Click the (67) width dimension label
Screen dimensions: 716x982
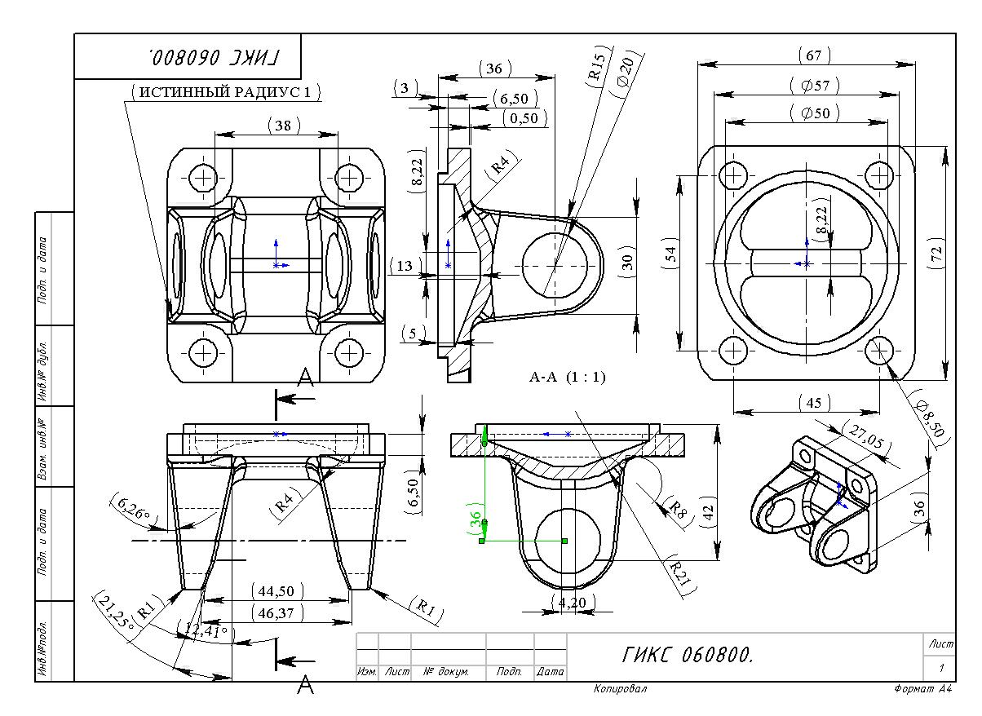(812, 55)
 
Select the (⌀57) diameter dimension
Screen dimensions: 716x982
(815, 86)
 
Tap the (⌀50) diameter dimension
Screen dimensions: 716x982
(815, 113)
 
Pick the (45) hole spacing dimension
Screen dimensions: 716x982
(813, 403)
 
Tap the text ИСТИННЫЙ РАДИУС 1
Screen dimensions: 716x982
(225, 92)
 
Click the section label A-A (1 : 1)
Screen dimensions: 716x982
(568, 377)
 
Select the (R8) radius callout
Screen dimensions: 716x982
(675, 509)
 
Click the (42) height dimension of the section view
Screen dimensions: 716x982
(707, 512)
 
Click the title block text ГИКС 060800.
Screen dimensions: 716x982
(688, 654)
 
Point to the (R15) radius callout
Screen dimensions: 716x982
(596, 67)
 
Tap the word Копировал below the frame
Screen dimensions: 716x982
(620, 690)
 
